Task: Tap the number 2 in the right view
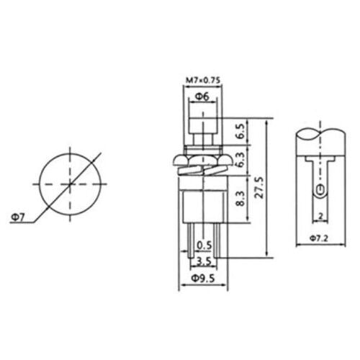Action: [x=317, y=215]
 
